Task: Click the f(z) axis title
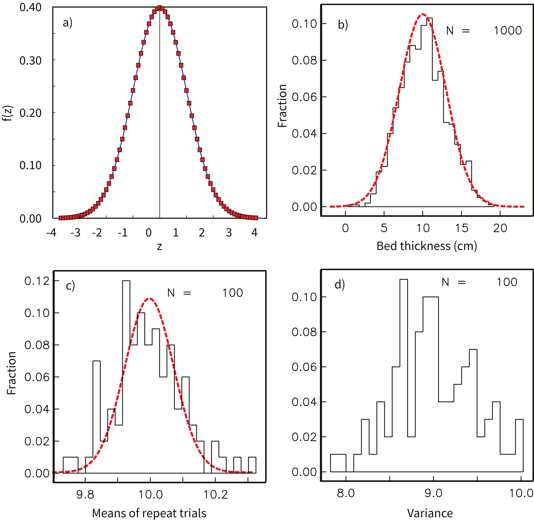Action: click(x=9, y=113)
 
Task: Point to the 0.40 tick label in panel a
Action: click(x=30, y=8)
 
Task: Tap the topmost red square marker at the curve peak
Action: click(x=160, y=8)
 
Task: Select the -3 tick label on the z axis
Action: click(x=75, y=233)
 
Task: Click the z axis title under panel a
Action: click(x=160, y=247)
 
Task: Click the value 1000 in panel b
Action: click(x=508, y=31)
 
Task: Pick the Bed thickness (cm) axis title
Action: click(x=427, y=246)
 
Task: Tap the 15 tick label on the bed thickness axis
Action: click(x=462, y=228)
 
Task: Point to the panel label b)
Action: click(x=343, y=25)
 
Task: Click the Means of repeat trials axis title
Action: click(x=149, y=513)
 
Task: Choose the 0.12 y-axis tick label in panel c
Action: click(x=37, y=281)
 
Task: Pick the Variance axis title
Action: click(x=430, y=513)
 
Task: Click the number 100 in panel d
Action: click(x=507, y=282)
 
